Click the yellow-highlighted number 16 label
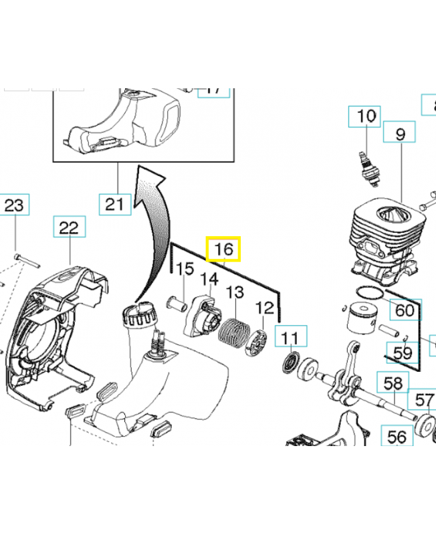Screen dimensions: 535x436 (x=223, y=249)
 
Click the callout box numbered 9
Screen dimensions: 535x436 (x=401, y=134)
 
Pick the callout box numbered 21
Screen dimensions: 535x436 (x=116, y=203)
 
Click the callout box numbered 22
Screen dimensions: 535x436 (x=69, y=228)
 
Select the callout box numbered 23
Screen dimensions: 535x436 (x=15, y=205)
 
